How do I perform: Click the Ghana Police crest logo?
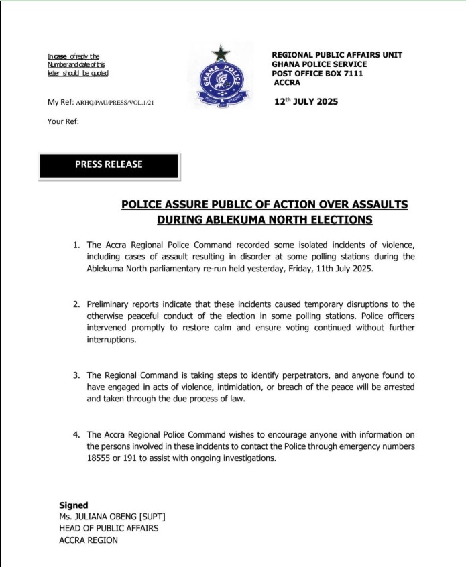(219, 76)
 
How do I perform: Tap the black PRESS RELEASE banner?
(109, 165)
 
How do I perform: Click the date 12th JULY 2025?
(306, 102)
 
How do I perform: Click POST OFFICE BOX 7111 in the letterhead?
(317, 74)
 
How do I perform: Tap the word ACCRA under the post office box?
(288, 83)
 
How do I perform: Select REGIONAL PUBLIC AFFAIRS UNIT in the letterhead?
(337, 55)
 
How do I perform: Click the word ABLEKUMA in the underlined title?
(239, 220)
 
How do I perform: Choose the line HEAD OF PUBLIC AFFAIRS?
(109, 528)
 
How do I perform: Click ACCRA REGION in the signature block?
(89, 540)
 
